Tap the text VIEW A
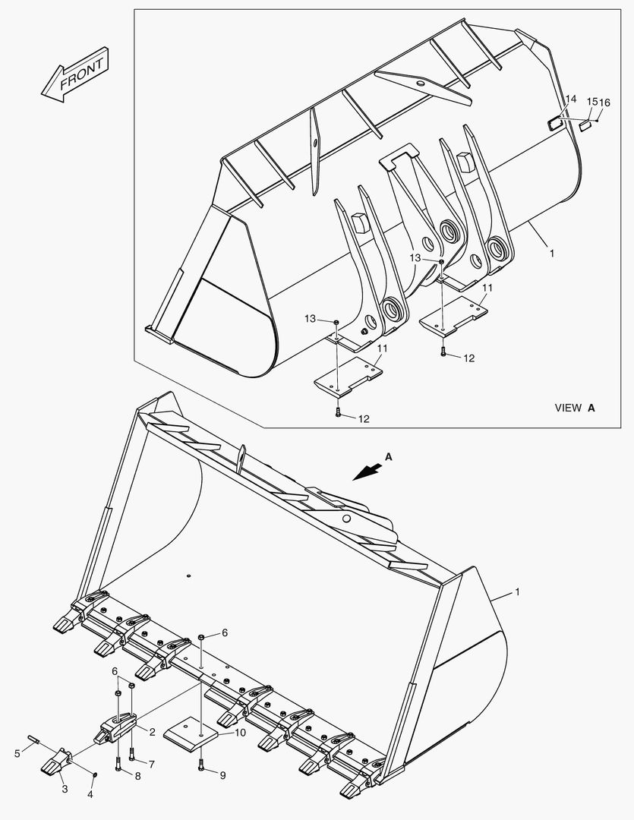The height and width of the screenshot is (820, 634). click(x=575, y=408)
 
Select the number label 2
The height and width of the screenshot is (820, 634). click(x=152, y=732)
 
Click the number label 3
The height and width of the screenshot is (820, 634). click(x=65, y=790)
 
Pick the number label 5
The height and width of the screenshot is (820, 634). click(x=17, y=753)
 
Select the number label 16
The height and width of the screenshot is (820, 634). click(x=604, y=102)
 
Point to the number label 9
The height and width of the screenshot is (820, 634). click(x=223, y=775)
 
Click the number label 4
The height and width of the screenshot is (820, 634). click(x=90, y=795)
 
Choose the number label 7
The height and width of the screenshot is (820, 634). click(x=151, y=764)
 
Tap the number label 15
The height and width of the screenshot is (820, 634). click(x=591, y=101)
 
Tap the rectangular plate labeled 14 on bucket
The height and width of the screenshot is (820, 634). click(x=554, y=121)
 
